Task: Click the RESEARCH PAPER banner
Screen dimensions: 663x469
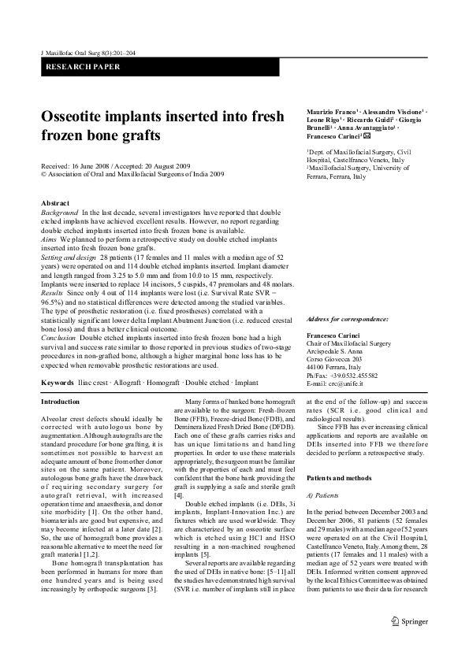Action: (82, 67)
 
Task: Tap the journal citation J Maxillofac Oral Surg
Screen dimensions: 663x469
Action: (78, 51)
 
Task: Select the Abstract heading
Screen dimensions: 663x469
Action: (54, 203)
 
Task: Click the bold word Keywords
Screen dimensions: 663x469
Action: (58, 382)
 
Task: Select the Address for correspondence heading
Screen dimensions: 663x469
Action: (348, 319)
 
